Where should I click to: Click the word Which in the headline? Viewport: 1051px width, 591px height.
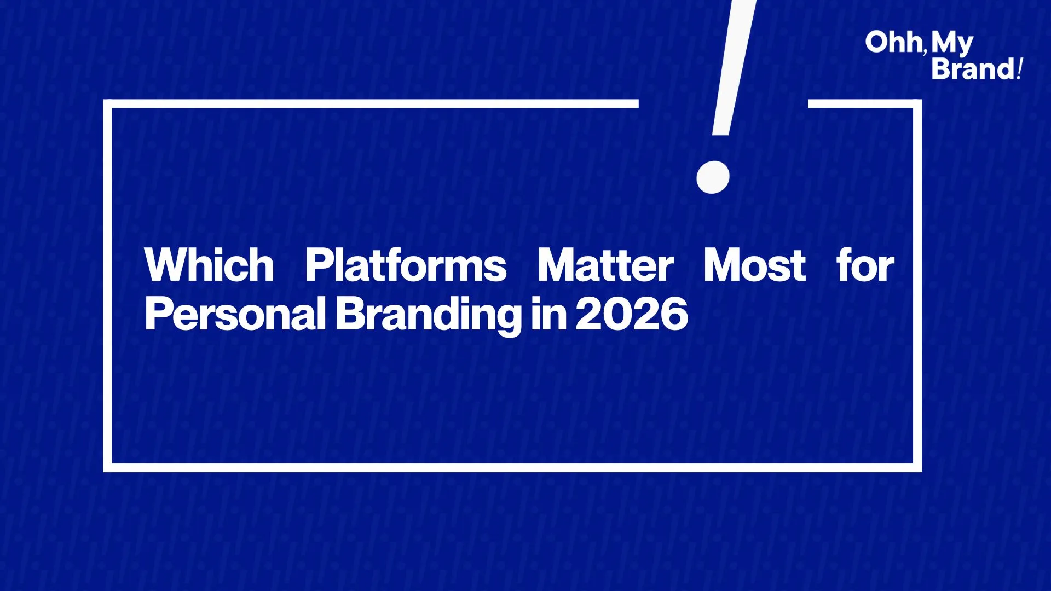click(x=209, y=265)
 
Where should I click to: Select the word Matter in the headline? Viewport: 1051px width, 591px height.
click(x=605, y=265)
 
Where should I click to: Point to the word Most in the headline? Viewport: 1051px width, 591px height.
click(x=754, y=265)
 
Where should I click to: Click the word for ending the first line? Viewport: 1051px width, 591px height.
click(x=865, y=265)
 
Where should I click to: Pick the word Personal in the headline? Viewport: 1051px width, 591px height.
click(x=235, y=314)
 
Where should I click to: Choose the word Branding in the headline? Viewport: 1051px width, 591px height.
click(x=428, y=316)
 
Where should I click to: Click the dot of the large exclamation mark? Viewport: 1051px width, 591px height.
click(x=713, y=177)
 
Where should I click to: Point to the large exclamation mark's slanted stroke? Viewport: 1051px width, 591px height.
click(x=734, y=67)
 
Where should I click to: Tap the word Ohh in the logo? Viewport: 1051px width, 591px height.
click(x=893, y=42)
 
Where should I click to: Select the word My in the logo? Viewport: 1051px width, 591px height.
click(x=952, y=44)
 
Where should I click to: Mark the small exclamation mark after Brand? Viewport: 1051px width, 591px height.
click(x=1019, y=69)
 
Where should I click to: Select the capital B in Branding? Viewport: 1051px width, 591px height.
click(x=350, y=314)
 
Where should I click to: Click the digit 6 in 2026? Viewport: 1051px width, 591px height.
click(x=674, y=314)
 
